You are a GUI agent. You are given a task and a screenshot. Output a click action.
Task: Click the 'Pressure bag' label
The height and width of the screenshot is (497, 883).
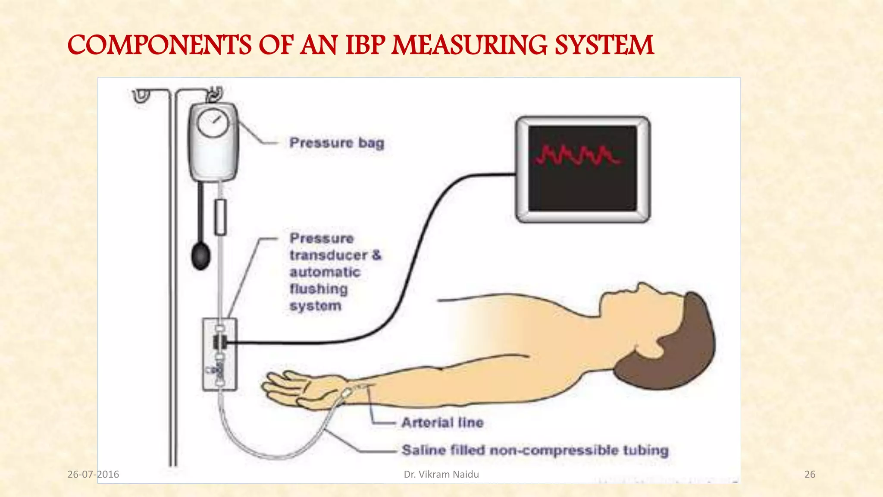337,143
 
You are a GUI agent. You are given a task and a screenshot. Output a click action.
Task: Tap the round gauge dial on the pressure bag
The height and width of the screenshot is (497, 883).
212,123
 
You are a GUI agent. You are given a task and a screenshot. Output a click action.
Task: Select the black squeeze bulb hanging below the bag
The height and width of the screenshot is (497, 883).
201,256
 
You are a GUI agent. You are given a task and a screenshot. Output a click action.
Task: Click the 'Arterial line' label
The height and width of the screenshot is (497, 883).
442,422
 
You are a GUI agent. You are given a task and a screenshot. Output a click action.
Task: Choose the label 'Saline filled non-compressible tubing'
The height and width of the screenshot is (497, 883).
535,450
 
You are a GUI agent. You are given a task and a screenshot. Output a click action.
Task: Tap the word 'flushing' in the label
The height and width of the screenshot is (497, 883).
318,289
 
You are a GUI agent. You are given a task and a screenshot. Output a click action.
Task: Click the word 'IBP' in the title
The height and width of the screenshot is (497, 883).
365,45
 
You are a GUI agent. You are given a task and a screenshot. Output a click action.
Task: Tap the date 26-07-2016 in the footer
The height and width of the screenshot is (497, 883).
93,475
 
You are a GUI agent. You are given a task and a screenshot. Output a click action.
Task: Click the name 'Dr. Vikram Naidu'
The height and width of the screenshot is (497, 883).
441,475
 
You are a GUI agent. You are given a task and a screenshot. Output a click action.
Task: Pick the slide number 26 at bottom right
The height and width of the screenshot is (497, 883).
810,475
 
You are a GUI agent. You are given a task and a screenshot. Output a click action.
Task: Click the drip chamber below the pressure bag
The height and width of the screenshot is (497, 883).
220,217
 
